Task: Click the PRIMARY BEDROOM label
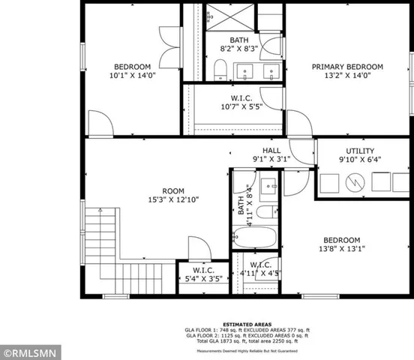(x=347, y=67)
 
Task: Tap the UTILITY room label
(x=359, y=151)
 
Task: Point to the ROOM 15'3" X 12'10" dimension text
(x=175, y=199)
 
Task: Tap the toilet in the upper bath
(x=220, y=70)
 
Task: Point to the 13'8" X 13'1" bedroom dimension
(x=341, y=249)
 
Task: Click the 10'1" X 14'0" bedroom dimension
(x=132, y=76)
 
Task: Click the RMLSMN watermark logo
(x=25, y=351)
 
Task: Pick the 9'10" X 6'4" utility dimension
(x=359, y=160)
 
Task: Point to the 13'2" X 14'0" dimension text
(x=347, y=76)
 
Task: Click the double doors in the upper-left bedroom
(x=169, y=37)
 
